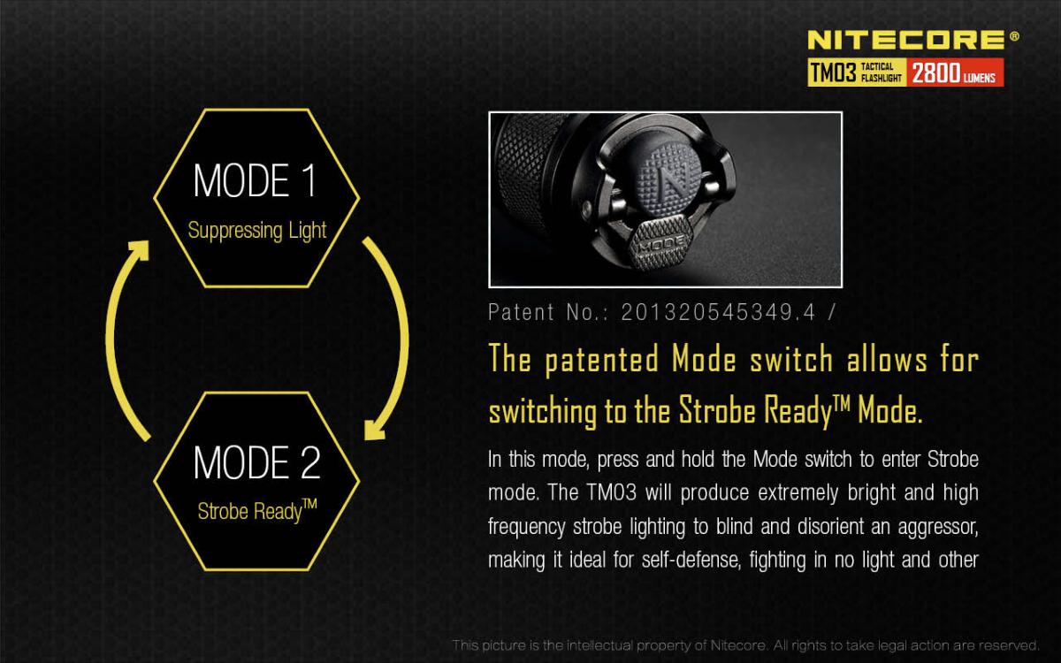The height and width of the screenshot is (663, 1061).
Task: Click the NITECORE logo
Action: [x=906, y=40]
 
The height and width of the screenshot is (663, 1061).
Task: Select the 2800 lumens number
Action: [x=935, y=72]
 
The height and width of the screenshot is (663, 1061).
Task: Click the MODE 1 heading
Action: [x=255, y=180]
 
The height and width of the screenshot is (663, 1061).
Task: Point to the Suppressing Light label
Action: [x=256, y=231]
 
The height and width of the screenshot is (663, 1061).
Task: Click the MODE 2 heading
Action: [x=256, y=462]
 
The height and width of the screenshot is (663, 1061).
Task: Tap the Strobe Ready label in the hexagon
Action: [x=257, y=511]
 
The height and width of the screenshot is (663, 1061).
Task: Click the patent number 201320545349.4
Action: [x=718, y=312]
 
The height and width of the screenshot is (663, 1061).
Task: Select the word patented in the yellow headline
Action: [x=601, y=360]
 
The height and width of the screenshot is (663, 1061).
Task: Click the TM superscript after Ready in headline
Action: [x=841, y=402]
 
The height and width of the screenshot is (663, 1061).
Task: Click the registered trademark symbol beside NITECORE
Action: [x=1014, y=36]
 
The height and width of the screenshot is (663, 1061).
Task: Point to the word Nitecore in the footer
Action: [x=738, y=645]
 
